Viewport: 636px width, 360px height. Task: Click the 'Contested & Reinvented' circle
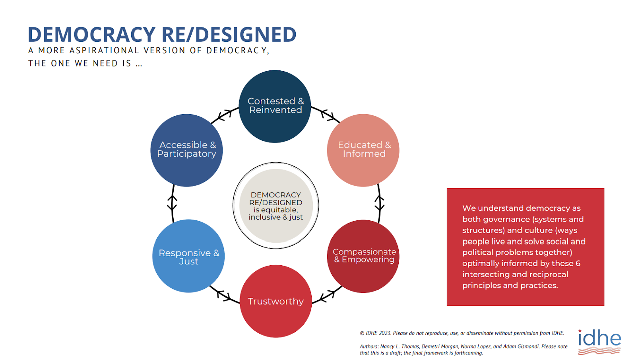coord(275,106)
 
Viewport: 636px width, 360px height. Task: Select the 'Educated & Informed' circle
coord(363,150)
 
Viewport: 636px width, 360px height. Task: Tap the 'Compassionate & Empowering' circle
coord(363,256)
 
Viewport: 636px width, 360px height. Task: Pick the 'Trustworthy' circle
coord(276,301)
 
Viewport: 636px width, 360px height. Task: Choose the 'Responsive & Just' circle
coord(188,256)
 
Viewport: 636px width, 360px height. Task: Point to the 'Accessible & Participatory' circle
coord(186,150)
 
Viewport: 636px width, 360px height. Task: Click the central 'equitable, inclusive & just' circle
coord(276,206)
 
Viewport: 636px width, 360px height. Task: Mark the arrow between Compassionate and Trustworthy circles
coord(327,296)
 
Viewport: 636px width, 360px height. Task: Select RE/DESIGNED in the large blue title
coord(229,34)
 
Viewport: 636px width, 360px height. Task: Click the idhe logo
coord(599,342)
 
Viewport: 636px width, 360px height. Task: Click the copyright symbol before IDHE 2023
coord(362,333)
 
